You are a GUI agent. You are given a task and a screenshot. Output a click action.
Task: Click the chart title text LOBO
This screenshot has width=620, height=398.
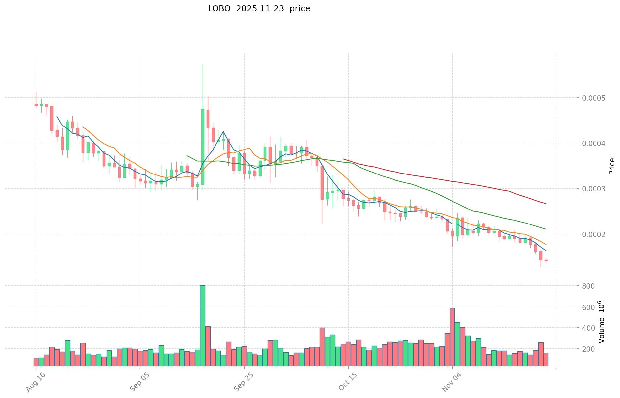pos(219,9)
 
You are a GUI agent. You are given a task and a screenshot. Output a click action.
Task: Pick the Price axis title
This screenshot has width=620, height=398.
pos(612,166)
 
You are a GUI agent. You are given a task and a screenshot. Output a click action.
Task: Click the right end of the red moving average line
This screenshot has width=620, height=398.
pos(546,204)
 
